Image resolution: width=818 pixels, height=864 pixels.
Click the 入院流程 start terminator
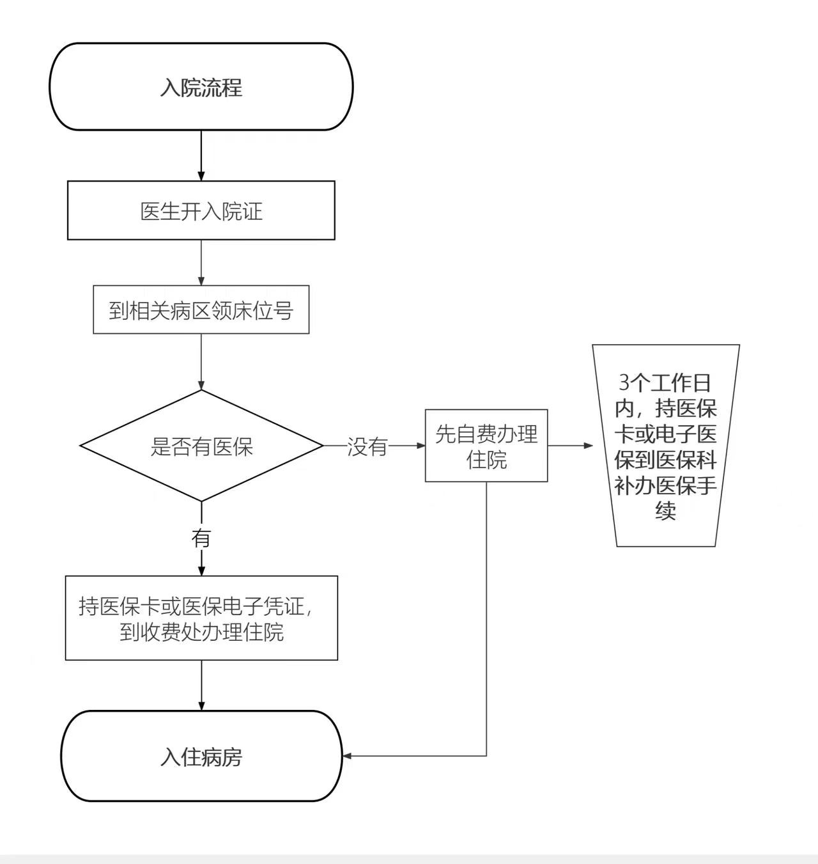click(x=201, y=87)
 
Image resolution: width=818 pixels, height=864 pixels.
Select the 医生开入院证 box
click(x=201, y=210)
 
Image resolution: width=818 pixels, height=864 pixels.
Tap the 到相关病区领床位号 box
click(x=201, y=310)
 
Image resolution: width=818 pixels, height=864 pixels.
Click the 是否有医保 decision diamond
click(x=201, y=446)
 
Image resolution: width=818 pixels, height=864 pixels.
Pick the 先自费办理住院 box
click(x=486, y=446)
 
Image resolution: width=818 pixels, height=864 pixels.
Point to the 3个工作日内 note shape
click(x=665, y=446)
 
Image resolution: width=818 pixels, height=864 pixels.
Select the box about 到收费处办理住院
click(x=201, y=618)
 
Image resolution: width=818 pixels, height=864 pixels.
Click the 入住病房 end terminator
click(x=201, y=756)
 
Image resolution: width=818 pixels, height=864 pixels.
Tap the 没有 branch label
click(x=367, y=446)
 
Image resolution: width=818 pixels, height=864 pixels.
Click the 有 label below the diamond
click(x=201, y=538)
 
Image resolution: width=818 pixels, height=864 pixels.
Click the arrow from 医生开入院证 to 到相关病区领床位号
click(x=201, y=263)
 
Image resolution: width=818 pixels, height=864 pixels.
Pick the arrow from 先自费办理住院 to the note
click(x=570, y=445)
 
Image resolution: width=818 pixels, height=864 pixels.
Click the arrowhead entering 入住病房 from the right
click(x=348, y=756)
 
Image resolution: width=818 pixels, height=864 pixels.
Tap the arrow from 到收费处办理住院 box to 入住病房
click(x=201, y=686)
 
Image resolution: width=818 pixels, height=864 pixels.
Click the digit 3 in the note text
click(x=624, y=383)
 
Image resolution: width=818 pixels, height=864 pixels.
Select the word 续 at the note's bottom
click(x=665, y=511)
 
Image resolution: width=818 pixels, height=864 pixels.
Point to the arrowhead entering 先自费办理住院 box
click(x=421, y=445)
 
